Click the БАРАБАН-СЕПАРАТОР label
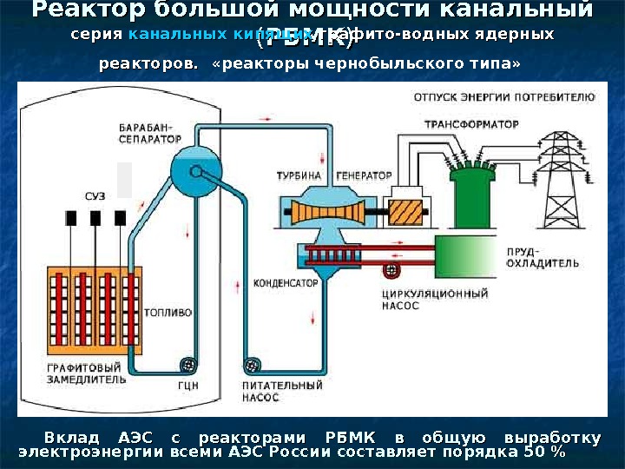pyautogui.click(x=150, y=132)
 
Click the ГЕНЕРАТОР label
pyautogui.click(x=364, y=175)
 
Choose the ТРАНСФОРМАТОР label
pyautogui.click(x=471, y=124)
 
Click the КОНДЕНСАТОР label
pyautogui.click(x=285, y=283)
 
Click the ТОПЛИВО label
pyautogui.click(x=166, y=311)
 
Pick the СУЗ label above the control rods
pyautogui.click(x=95, y=196)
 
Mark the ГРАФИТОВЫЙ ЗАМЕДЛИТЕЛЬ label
pyautogui.click(x=86, y=373)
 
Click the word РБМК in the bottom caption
pyautogui.click(x=350, y=436)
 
